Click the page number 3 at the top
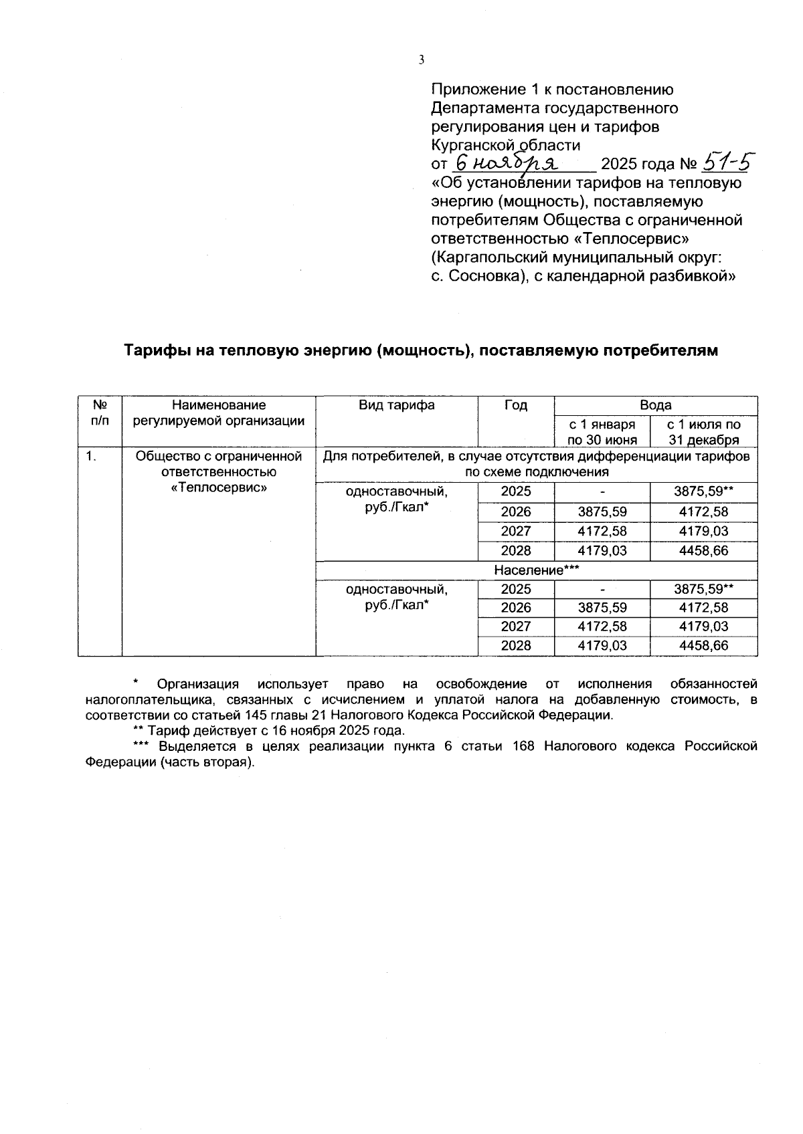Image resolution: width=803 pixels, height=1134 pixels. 422,60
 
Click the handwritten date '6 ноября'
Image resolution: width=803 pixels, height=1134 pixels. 509,163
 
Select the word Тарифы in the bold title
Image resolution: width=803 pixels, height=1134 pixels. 156,350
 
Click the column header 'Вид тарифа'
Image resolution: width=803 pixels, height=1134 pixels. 396,405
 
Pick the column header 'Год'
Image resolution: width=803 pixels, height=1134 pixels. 515,405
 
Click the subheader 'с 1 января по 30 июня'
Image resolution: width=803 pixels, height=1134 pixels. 602,432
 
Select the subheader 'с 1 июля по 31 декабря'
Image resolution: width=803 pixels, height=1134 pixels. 703,432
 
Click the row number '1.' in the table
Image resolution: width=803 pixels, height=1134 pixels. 92,457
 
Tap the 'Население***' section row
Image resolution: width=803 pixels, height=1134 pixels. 536,570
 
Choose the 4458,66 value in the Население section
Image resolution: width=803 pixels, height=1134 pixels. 703,646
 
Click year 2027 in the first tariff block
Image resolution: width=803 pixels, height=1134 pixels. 515,532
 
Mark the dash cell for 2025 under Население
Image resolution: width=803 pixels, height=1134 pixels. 602,590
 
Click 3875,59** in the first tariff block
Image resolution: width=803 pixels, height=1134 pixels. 703,491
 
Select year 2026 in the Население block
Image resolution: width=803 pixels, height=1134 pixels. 515,608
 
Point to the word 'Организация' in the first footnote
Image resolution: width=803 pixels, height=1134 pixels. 197,684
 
